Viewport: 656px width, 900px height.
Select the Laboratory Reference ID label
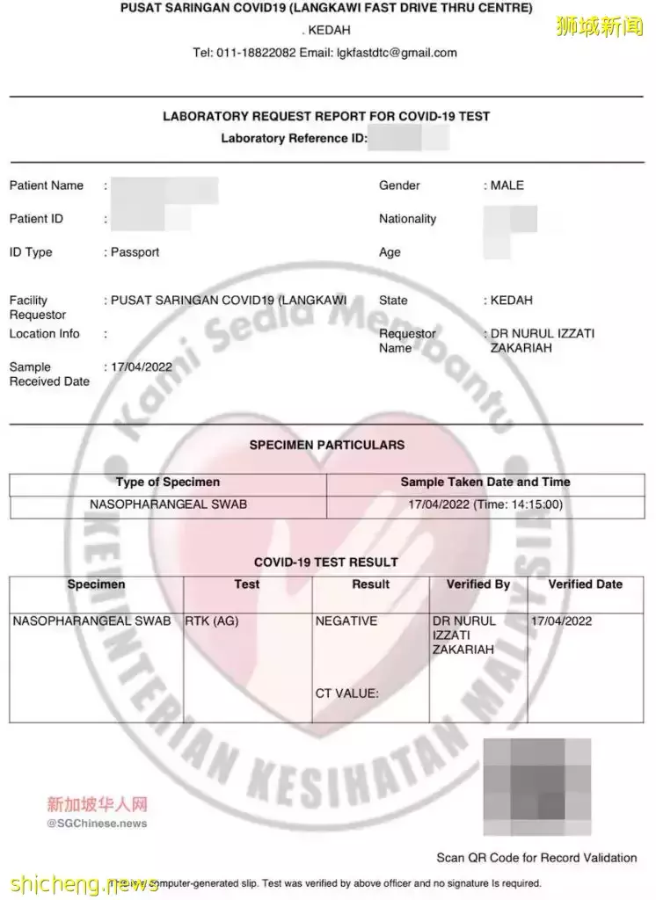294,138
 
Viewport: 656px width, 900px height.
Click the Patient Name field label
47,185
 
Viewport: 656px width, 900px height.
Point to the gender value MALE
507,185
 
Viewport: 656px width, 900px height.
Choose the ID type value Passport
135,252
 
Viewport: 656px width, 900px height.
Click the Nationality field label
407,219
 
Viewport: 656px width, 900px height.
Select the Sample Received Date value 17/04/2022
141,367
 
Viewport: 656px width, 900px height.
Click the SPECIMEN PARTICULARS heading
327,445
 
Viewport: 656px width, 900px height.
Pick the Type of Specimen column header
168,483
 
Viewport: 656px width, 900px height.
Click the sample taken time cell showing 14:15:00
485,505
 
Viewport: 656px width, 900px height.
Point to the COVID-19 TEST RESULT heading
326,562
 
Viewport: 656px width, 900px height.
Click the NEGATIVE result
346,621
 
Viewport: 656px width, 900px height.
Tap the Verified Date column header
585,584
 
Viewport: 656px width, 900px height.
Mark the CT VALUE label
346,693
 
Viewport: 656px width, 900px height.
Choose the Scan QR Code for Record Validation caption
536,857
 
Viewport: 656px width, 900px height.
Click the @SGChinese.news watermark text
97,824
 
